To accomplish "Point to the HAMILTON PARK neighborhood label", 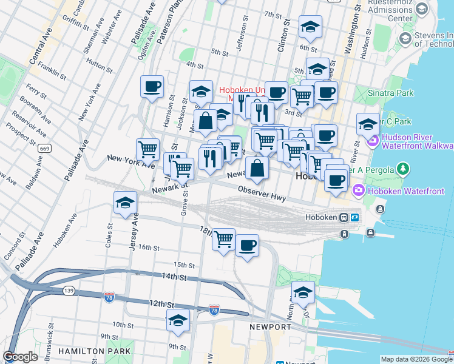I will tap(94, 351).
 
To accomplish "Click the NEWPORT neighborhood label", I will tap(271, 327).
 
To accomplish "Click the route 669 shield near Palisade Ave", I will tap(44, 148).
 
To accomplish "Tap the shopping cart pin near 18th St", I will tap(223, 240).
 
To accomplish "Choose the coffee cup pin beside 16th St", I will tap(246, 246).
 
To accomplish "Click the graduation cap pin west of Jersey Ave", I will tap(124, 203).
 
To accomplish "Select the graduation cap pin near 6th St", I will tap(310, 27).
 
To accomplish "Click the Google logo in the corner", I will tap(20, 357).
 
